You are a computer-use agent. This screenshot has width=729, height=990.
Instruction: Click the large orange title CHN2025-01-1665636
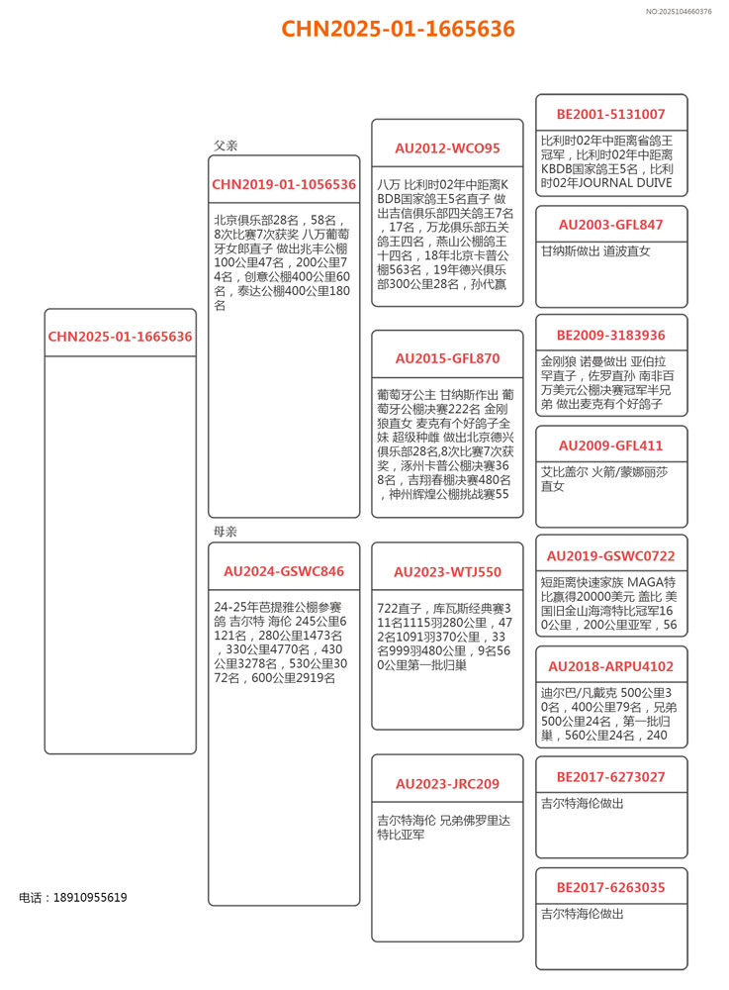coord(398,29)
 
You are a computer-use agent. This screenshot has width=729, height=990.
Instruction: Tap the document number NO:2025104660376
coord(678,12)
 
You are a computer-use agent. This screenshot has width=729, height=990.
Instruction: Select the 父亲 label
coord(226,146)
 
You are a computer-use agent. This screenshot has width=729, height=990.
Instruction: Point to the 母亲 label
coord(226,532)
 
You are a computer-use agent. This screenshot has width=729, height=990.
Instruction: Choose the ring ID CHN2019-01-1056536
coord(284,184)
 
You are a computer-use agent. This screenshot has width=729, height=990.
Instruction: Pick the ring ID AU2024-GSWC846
coord(284,571)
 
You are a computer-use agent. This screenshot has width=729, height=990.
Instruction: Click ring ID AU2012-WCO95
coord(447,148)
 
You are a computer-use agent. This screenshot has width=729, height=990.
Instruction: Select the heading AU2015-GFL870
coord(447,358)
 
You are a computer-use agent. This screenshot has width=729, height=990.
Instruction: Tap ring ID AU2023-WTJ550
coord(447,571)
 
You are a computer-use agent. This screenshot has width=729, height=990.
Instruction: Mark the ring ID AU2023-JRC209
coord(447,784)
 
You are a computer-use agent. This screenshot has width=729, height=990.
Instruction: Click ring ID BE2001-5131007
coord(610,114)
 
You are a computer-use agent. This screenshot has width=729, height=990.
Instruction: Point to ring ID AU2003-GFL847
coord(610,225)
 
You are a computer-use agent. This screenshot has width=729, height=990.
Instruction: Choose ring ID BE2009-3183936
coord(610,335)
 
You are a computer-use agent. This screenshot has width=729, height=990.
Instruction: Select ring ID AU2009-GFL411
coord(610,445)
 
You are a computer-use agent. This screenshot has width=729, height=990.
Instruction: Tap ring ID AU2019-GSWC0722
coord(610,555)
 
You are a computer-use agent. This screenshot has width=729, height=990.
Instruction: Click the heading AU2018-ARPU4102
coord(610,666)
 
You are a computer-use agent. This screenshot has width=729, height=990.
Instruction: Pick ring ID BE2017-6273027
coord(610,777)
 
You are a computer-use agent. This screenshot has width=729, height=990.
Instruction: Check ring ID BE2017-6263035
coord(610,887)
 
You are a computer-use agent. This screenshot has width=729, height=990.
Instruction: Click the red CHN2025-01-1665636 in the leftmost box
coord(120,337)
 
